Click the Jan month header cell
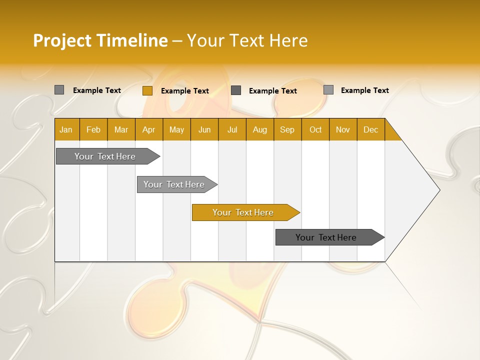(x=66, y=130)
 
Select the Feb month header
(x=93, y=130)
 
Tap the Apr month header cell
(x=149, y=130)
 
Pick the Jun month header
(x=204, y=130)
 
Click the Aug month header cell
(x=260, y=130)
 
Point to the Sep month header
(x=287, y=130)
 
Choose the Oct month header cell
(x=315, y=130)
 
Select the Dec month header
(x=371, y=130)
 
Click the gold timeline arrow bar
(x=245, y=212)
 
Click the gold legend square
(x=147, y=90)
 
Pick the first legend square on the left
(x=59, y=90)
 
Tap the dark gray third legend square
(x=236, y=90)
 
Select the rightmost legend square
(x=328, y=90)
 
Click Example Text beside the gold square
(x=185, y=91)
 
